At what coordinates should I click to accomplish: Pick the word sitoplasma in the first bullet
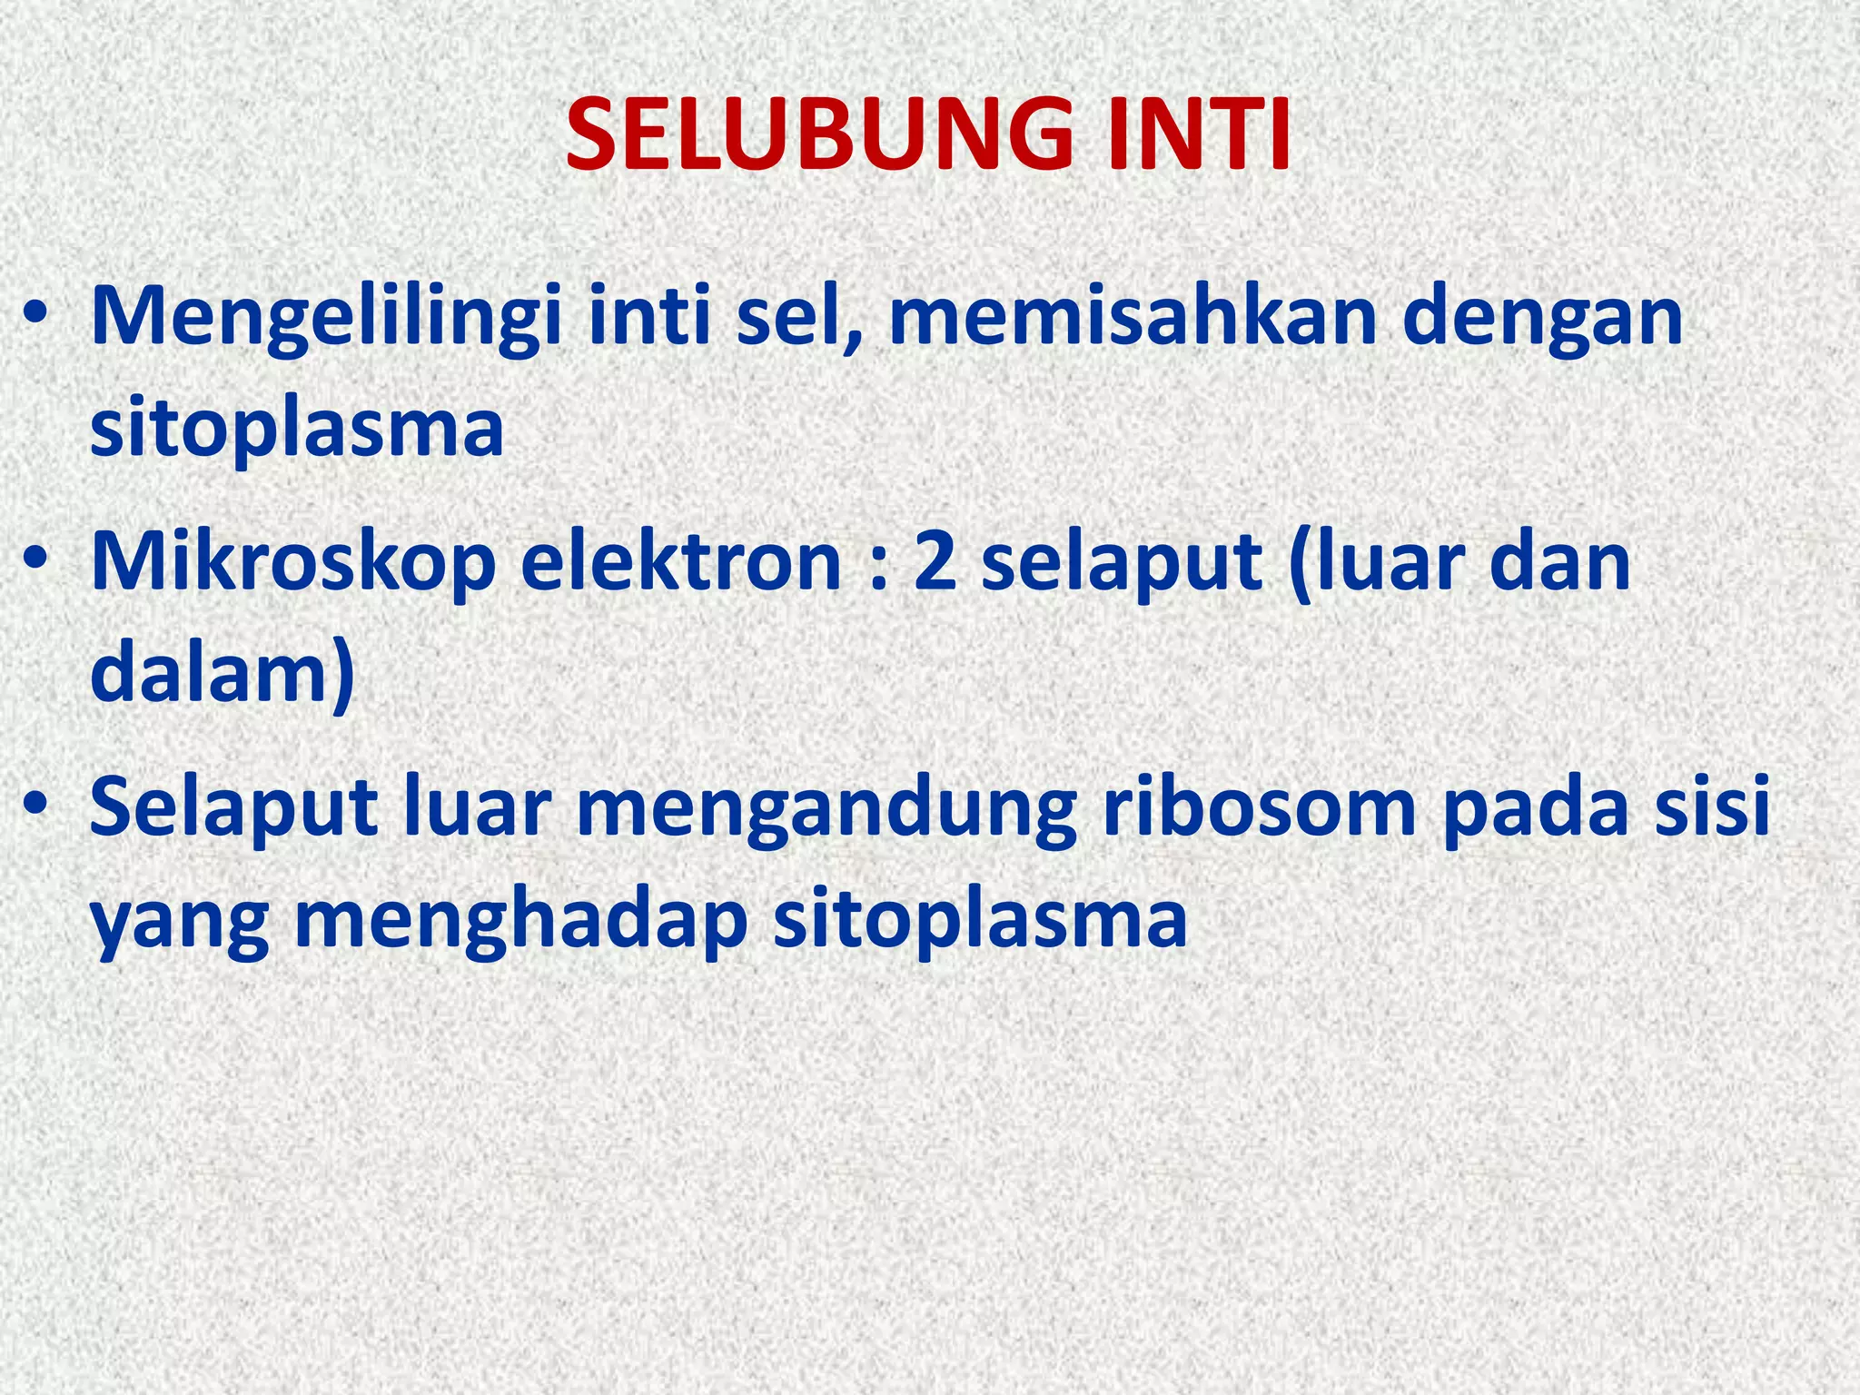pyautogui.click(x=297, y=430)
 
